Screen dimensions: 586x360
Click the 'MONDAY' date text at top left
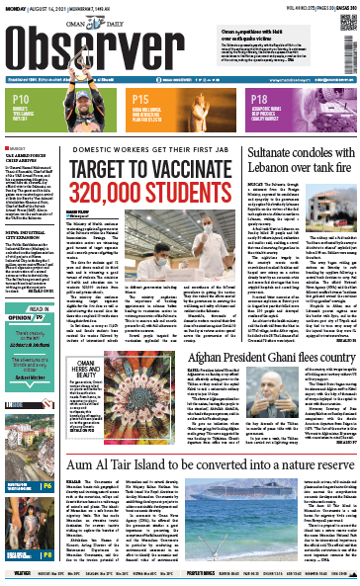(14, 6)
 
